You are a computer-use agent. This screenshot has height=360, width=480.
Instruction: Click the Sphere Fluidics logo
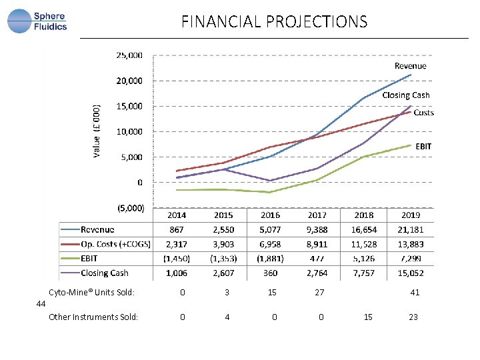(37, 21)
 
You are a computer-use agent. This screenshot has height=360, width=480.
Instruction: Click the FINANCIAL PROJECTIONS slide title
(274, 22)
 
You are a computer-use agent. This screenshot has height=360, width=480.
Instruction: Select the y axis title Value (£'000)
(97, 131)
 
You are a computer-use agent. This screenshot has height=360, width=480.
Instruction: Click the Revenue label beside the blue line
(410, 66)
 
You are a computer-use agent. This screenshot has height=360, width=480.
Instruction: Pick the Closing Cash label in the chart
(405, 95)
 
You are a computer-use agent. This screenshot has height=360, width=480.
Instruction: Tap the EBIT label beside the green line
(424, 146)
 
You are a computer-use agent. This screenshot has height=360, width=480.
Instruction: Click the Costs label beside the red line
(423, 113)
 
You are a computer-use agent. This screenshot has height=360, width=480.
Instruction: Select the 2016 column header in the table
(270, 215)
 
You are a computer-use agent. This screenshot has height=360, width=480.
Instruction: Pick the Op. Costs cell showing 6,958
(270, 245)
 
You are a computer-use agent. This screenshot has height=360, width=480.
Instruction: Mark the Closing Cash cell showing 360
(270, 273)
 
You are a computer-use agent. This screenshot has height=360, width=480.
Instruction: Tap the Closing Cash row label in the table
(105, 273)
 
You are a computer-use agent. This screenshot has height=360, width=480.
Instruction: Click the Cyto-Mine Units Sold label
(91, 293)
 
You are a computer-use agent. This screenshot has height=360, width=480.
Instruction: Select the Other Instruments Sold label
(93, 317)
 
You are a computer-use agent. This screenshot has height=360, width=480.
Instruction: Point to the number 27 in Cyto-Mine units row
(319, 293)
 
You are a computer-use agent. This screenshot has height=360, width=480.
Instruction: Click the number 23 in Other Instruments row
(413, 317)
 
